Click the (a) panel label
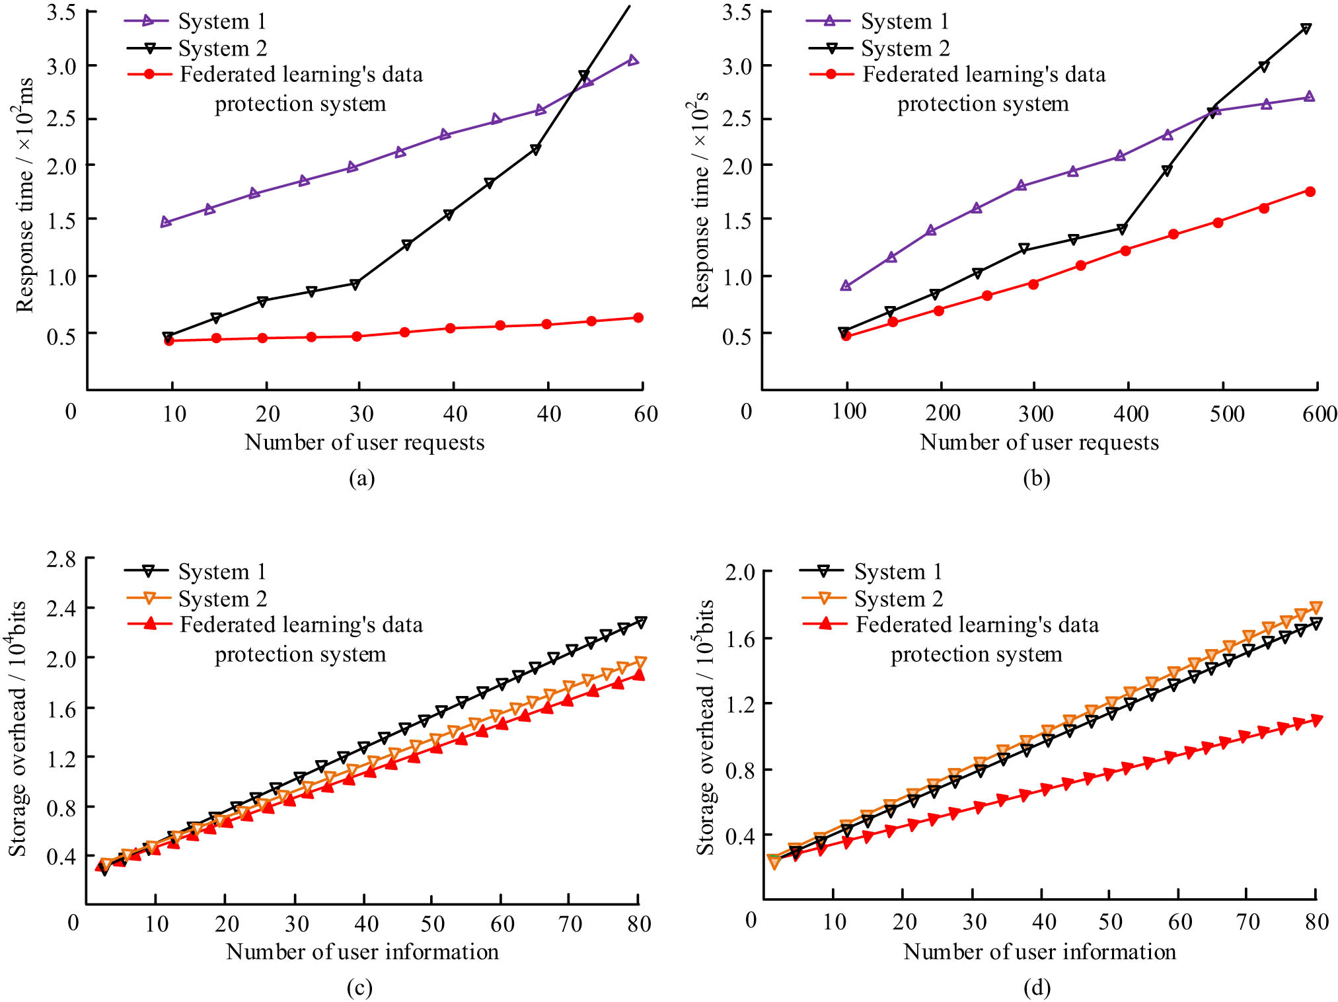[x=361, y=478]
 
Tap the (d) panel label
[x=1037, y=987]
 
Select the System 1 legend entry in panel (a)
[x=222, y=21]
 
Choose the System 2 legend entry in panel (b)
[x=905, y=48]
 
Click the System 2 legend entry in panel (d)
[x=898, y=599]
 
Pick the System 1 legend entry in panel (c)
[x=222, y=571]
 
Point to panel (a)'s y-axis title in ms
[x=24, y=195]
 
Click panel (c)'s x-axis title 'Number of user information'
[x=362, y=951]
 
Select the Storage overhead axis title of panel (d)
[x=705, y=727]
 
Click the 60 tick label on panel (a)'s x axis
[x=646, y=414]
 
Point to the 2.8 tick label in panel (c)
[x=61, y=559]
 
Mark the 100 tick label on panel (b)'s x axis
[x=849, y=412]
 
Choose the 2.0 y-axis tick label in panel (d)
[x=740, y=572]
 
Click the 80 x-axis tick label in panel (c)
[x=639, y=923]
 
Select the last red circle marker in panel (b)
[x=1310, y=192]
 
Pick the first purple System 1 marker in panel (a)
[x=165, y=222]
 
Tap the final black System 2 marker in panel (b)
[x=1306, y=28]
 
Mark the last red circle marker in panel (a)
[x=638, y=318]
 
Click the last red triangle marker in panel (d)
[x=1316, y=720]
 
